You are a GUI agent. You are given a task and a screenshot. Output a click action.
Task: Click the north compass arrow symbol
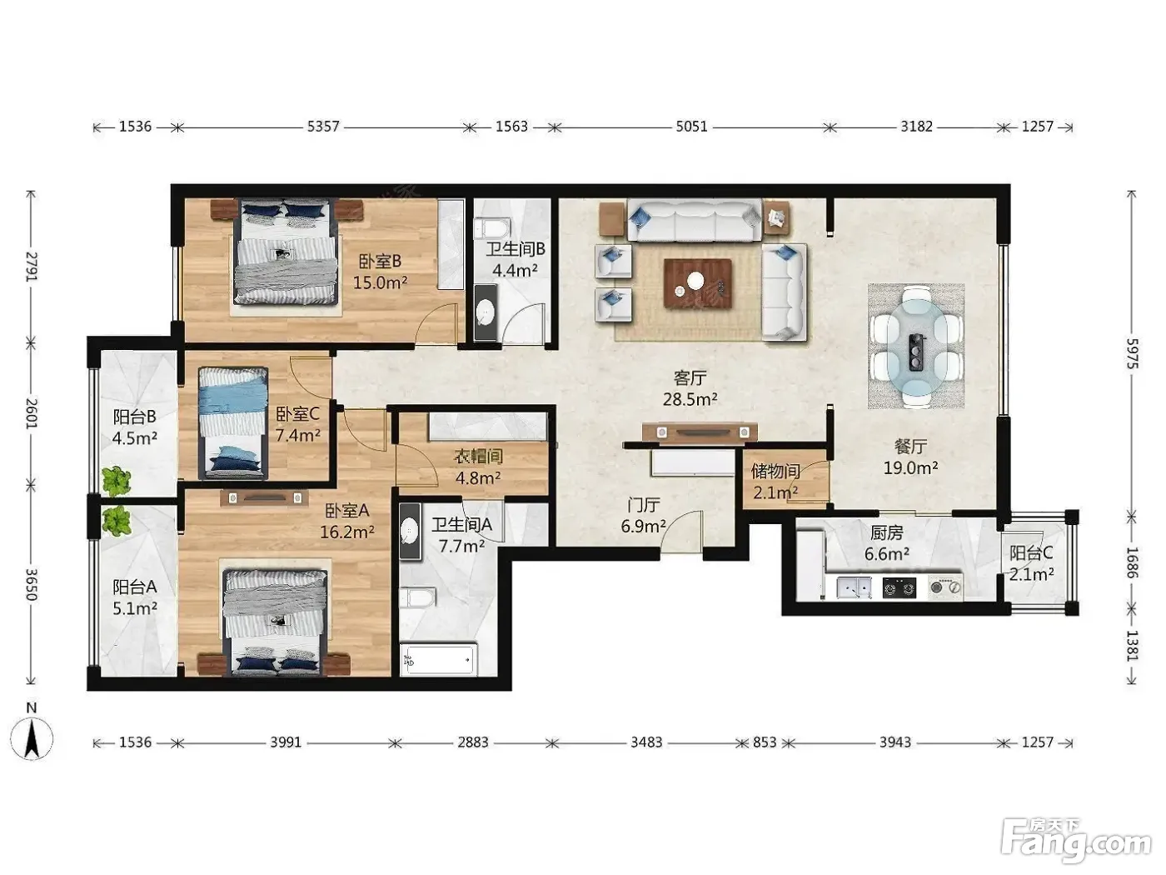[x=32, y=737]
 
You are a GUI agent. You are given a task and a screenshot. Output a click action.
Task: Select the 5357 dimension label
[x=323, y=127]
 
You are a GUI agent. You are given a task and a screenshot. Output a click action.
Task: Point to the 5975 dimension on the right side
[x=1131, y=354]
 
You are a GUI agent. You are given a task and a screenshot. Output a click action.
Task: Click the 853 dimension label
[x=765, y=742]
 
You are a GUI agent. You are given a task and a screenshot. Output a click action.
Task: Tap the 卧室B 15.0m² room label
[x=381, y=272]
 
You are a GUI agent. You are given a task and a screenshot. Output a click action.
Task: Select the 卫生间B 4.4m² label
[x=516, y=259]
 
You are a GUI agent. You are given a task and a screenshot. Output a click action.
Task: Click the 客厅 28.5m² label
[x=690, y=388]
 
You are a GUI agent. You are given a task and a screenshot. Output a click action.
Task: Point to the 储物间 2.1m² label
[x=775, y=482]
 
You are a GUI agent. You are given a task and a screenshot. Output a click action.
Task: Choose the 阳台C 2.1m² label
[x=1031, y=563]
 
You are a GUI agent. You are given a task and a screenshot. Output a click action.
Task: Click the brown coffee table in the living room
[x=697, y=283]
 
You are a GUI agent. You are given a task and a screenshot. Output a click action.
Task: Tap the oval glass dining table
[x=916, y=345]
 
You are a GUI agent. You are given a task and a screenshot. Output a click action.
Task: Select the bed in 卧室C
[x=232, y=422]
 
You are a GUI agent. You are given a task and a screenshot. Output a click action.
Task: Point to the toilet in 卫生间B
[x=492, y=227]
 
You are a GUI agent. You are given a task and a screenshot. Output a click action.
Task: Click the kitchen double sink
[x=854, y=587]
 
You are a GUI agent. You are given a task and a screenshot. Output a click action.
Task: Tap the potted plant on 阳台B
[x=117, y=482]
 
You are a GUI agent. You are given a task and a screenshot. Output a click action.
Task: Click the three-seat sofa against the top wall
[x=695, y=219]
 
